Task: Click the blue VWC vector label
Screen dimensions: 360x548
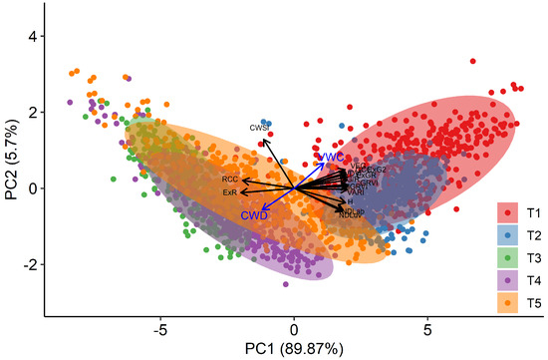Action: click(x=330, y=158)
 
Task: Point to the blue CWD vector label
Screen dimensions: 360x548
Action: click(x=253, y=214)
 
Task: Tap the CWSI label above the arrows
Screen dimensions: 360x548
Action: click(x=260, y=128)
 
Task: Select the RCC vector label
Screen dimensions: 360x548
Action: click(x=230, y=180)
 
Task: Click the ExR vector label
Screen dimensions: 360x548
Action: click(x=230, y=191)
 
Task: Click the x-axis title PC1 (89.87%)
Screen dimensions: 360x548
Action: click(x=294, y=350)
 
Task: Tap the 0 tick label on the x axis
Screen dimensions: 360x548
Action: click(x=294, y=328)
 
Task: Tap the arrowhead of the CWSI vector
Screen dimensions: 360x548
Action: click(x=264, y=141)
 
